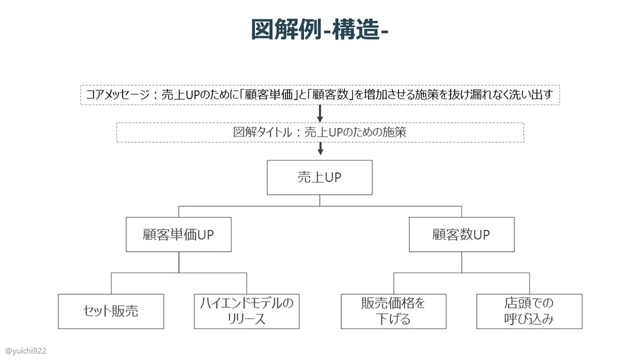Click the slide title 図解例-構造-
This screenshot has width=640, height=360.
tap(319, 29)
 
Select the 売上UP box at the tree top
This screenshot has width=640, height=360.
tap(319, 178)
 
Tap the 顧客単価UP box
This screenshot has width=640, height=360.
tap(179, 235)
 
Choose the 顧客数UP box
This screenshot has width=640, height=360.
tap(462, 235)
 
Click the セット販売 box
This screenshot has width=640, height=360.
tap(111, 311)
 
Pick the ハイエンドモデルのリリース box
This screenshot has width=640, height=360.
tap(247, 311)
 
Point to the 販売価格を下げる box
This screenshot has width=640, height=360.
tap(394, 311)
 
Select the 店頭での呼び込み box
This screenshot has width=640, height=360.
tap(530, 311)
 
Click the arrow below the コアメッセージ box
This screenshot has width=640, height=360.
tap(320, 114)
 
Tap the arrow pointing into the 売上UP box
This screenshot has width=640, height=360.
tap(321, 149)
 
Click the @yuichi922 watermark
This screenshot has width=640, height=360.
tap(26, 351)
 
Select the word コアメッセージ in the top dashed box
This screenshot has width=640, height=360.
tap(117, 94)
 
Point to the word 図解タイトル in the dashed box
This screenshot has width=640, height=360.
tap(262, 132)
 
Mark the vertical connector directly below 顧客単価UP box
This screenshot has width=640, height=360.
tap(179, 262)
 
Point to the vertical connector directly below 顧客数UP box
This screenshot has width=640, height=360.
tap(462, 262)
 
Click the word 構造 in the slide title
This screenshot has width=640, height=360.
tap(355, 29)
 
